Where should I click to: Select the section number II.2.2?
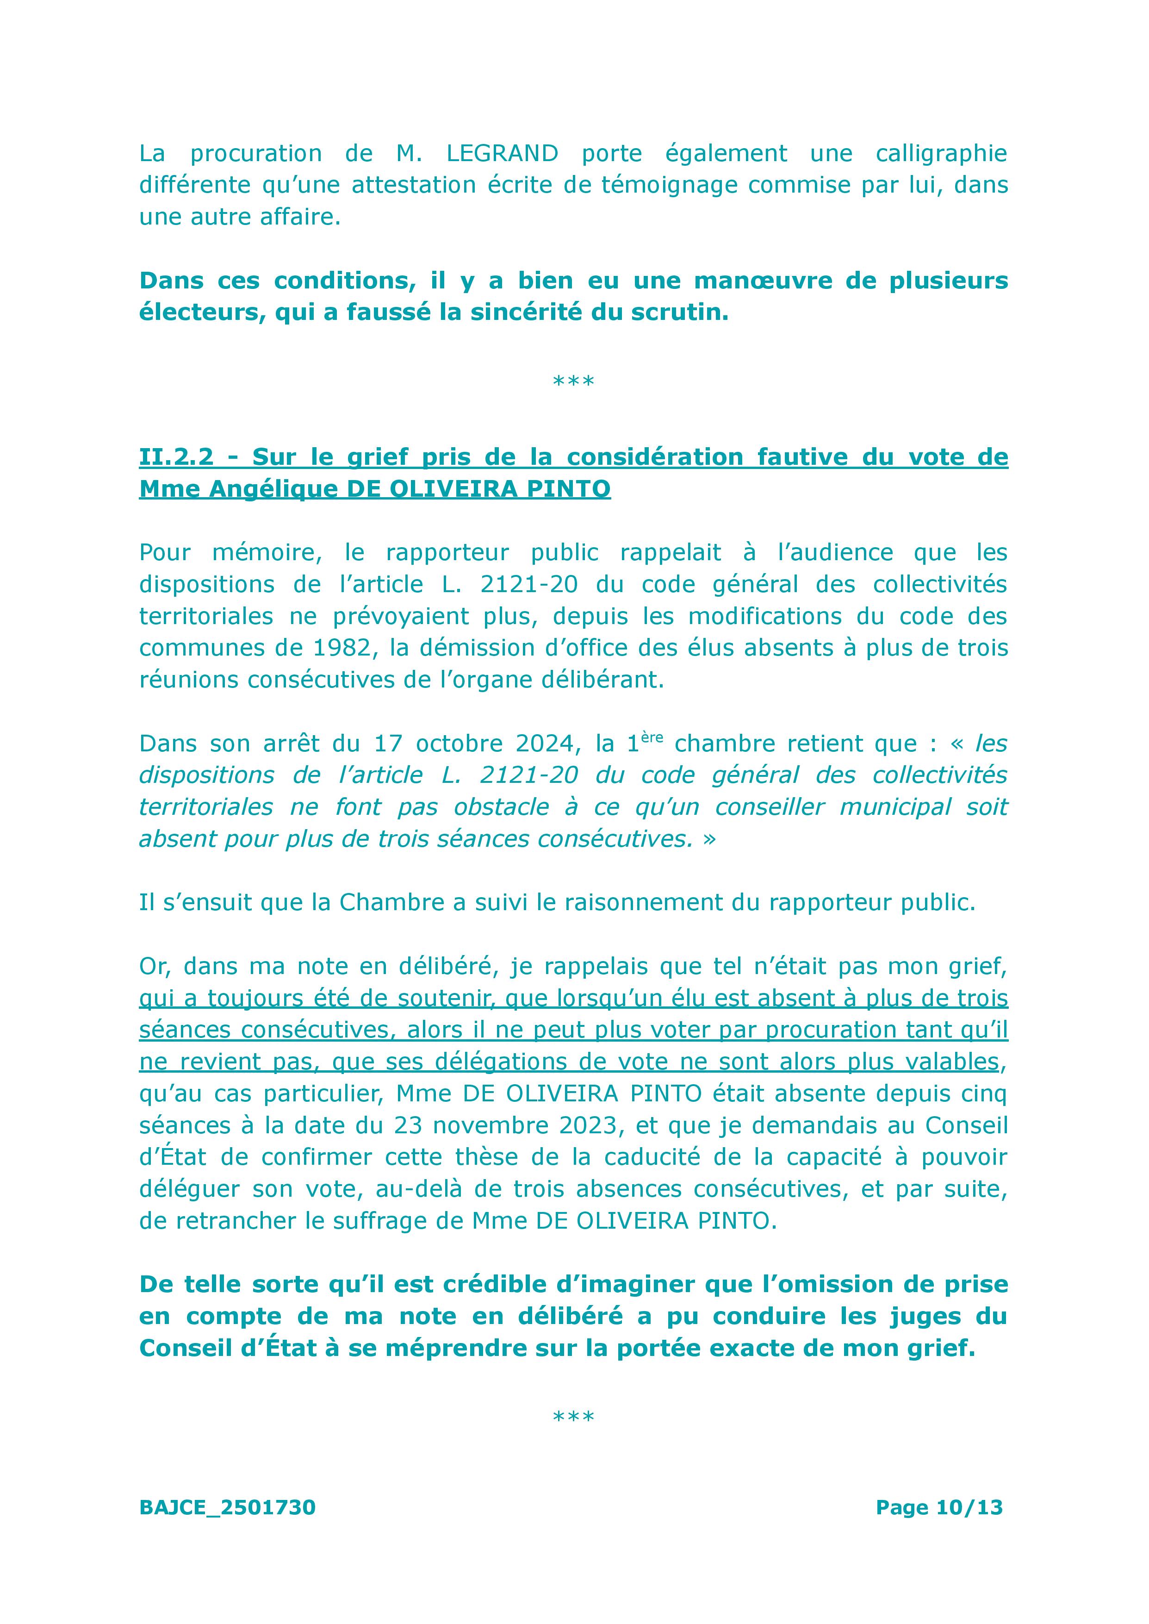click(x=176, y=457)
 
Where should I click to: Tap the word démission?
click(x=460, y=648)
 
